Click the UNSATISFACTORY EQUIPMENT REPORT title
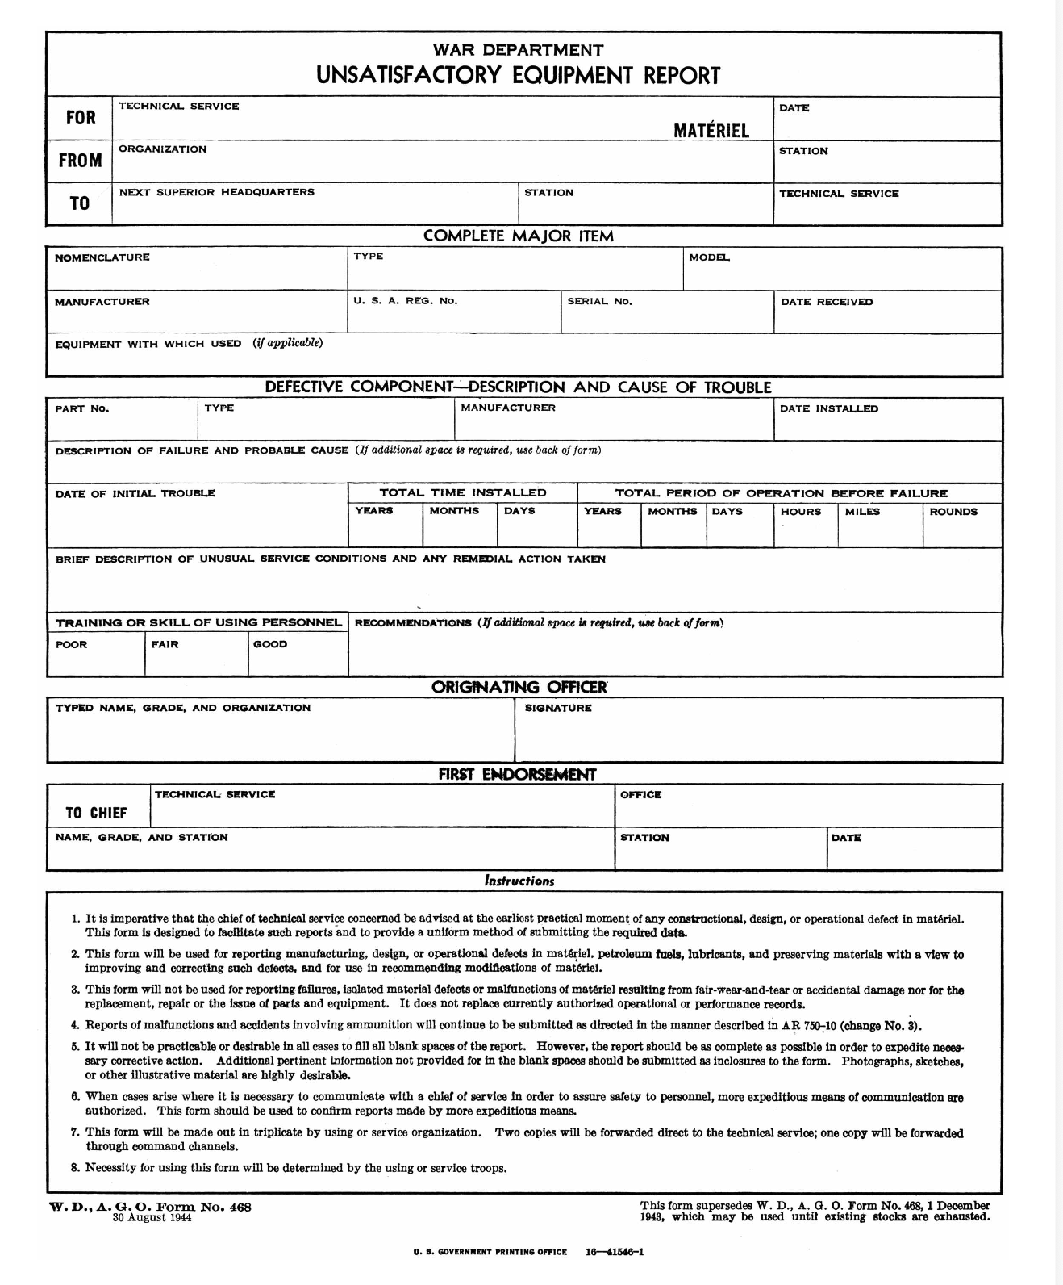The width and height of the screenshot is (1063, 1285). pos(518,76)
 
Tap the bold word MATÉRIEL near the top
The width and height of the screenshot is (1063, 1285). pos(711,131)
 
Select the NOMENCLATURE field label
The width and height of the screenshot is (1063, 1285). pos(102,257)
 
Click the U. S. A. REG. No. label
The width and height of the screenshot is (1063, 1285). pos(405,301)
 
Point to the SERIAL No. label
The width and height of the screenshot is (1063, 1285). pos(599,302)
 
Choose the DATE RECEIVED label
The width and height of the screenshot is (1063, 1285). pos(826,302)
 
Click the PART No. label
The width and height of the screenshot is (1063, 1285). pos(81,409)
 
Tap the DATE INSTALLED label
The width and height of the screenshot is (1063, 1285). pos(828,409)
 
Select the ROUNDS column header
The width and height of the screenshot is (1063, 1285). pos(953,512)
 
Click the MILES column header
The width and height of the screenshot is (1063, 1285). pos(862,512)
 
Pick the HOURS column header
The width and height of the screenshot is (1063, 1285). pos(800,512)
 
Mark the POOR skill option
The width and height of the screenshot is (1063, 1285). pos(71,645)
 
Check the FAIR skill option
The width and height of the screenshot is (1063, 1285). pos(165,645)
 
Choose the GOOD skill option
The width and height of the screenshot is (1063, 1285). pos(269,645)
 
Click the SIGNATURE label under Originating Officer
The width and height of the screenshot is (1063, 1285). pos(557,709)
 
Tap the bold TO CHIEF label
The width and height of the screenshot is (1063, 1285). pos(96,813)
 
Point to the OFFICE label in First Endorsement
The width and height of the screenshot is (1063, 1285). pos(640,795)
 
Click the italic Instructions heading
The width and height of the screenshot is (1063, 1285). pos(519,881)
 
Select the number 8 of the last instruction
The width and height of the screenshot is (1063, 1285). pos(75,1168)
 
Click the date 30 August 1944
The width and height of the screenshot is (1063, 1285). pos(152,1218)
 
